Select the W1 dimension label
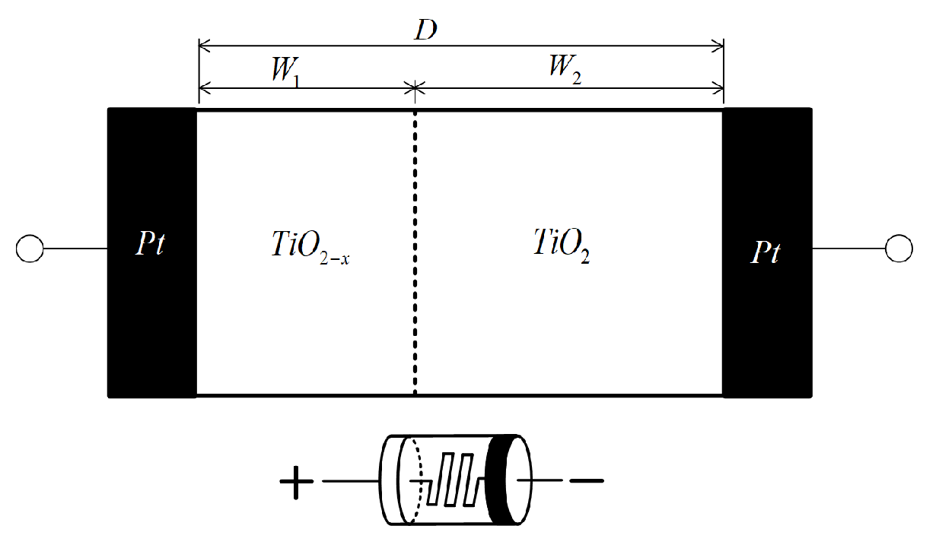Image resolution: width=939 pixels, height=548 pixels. click(286, 71)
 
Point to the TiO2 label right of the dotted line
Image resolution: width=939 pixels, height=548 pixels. click(561, 245)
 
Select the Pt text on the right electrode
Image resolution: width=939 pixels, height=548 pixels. click(765, 251)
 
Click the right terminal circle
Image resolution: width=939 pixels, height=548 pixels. click(899, 249)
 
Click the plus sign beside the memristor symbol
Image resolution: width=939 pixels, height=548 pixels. click(297, 481)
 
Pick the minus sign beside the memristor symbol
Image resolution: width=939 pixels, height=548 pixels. click(587, 480)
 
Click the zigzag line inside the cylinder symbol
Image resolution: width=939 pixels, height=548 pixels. click(452, 480)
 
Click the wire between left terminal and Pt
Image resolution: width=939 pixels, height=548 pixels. click(75, 249)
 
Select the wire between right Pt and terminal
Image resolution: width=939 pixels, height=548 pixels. click(849, 249)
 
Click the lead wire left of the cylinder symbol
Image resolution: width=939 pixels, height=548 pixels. click(351, 481)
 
